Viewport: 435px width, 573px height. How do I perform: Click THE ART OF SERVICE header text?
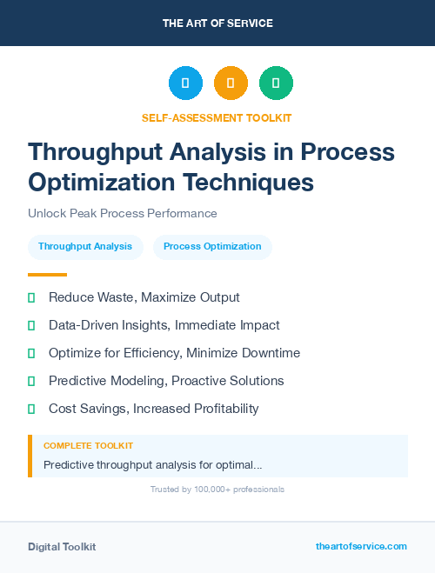click(x=217, y=23)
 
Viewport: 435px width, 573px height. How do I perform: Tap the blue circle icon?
click(x=185, y=83)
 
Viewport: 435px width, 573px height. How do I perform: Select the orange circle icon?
click(x=231, y=83)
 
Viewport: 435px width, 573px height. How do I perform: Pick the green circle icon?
click(x=276, y=83)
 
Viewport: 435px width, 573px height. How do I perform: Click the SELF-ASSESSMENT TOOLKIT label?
click(x=217, y=117)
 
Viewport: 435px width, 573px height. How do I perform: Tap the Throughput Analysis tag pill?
click(x=85, y=246)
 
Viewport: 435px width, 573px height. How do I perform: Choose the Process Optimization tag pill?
click(x=212, y=246)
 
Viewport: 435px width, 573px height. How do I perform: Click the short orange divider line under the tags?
click(x=35, y=275)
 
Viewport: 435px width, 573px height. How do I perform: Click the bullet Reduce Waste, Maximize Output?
click(x=144, y=297)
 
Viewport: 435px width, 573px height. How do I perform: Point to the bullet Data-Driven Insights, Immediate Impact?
click(x=164, y=325)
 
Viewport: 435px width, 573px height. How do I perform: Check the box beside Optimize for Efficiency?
click(x=31, y=353)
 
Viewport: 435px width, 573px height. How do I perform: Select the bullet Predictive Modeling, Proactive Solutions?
click(x=166, y=381)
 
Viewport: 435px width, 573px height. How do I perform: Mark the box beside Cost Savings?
click(x=31, y=409)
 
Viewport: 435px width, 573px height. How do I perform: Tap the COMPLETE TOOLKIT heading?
click(x=88, y=445)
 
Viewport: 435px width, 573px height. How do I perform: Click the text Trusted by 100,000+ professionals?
click(x=217, y=490)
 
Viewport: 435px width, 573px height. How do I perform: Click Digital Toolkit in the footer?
click(x=62, y=547)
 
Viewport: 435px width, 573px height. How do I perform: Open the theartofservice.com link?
click(x=361, y=546)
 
